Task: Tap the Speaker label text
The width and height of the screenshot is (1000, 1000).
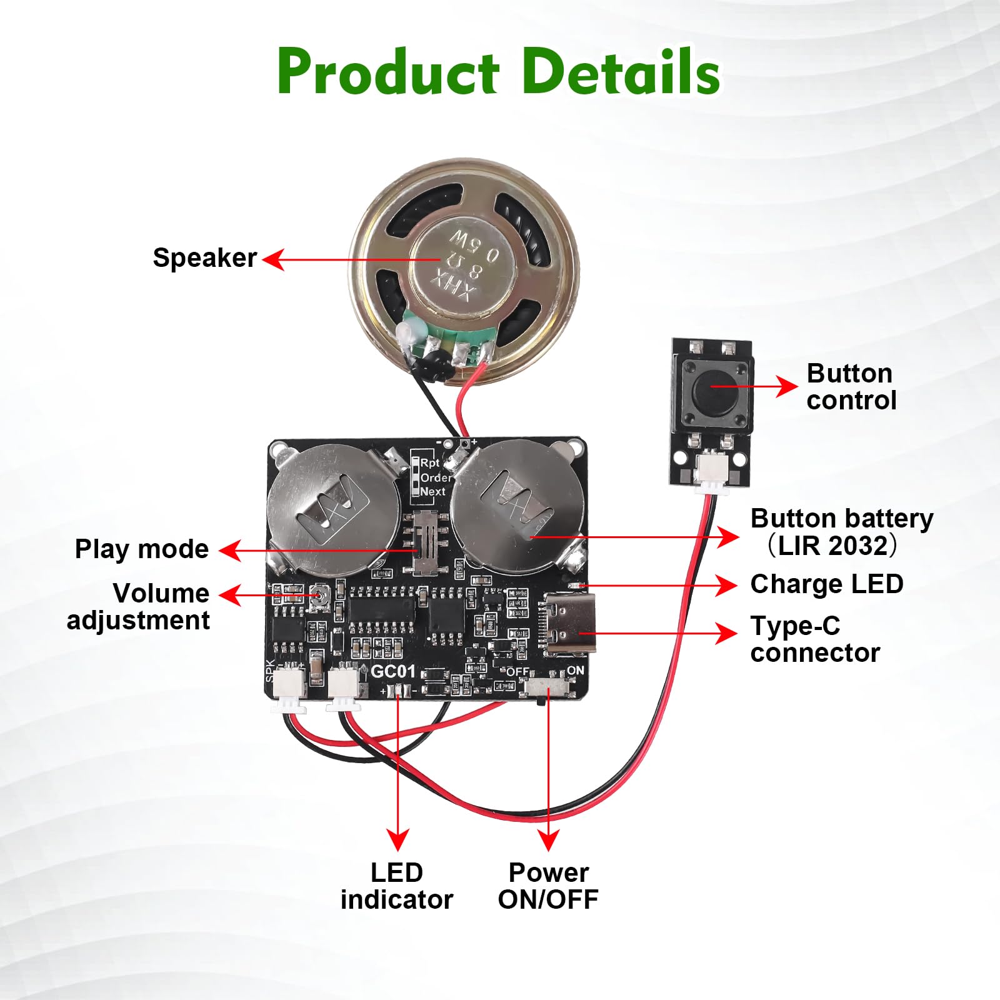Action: (x=204, y=258)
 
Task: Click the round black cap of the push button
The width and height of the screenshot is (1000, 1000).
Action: (x=712, y=386)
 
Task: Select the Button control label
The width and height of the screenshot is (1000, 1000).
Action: (x=851, y=387)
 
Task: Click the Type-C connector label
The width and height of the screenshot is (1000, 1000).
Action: (x=815, y=639)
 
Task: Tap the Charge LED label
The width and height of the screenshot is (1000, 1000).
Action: (x=826, y=584)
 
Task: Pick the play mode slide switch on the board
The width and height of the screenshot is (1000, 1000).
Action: (x=426, y=542)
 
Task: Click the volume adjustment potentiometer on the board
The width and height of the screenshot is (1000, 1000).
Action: (x=321, y=597)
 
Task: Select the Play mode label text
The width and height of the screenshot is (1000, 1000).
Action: (x=141, y=549)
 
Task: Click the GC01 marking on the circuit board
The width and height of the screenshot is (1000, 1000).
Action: (x=392, y=672)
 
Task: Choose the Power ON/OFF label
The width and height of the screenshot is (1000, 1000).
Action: (x=548, y=886)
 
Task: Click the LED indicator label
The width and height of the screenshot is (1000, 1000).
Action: (x=397, y=886)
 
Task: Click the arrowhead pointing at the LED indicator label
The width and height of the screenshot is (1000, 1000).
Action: (x=397, y=839)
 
